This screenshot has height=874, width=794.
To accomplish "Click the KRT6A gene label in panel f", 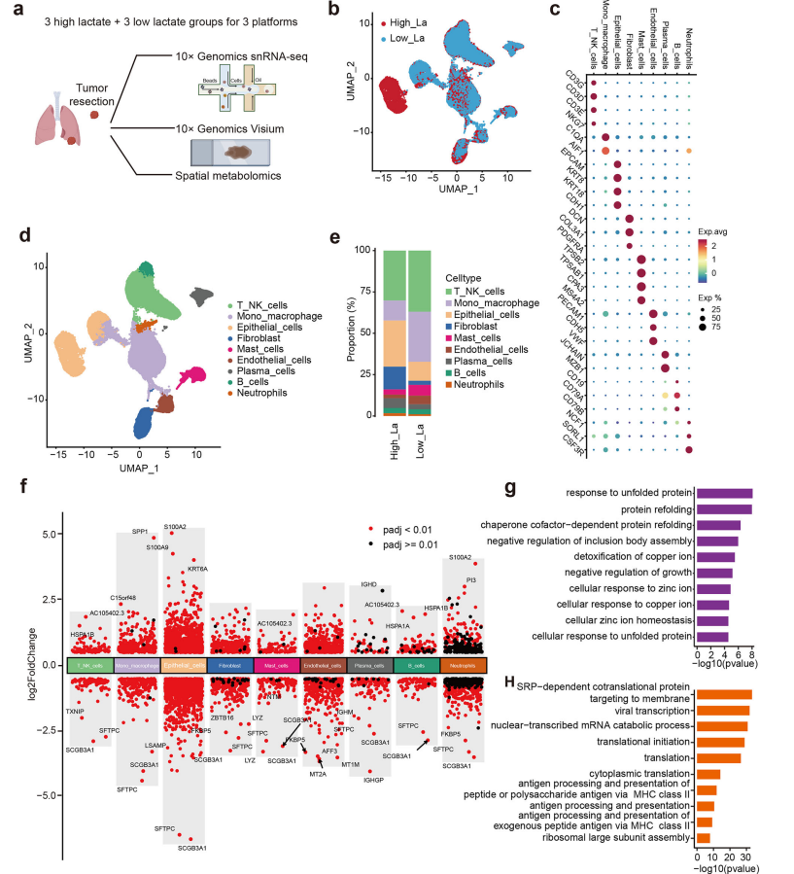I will pos(199,569).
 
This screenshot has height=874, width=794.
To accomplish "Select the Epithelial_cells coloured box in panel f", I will pos(185,664).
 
